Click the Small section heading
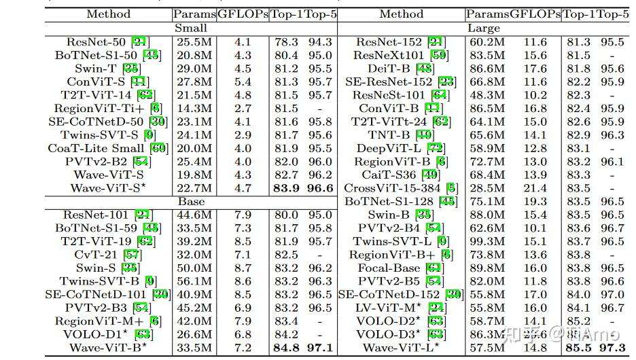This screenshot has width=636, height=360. coord(191,29)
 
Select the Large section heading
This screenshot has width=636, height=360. coord(484,29)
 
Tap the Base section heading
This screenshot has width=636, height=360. coord(191,202)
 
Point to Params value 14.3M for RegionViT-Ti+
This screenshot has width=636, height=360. coord(194,109)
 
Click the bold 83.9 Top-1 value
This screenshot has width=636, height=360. coord(285,188)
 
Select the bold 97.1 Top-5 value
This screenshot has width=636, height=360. coord(319,348)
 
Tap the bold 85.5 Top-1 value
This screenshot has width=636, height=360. coord(578,348)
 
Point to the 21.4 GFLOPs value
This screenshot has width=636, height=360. coord(535,188)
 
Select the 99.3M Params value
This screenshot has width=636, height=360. coord(487,241)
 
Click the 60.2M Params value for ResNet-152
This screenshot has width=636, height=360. coord(487,42)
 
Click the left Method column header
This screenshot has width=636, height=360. coord(109,14)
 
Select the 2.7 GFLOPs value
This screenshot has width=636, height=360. coord(243,109)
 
